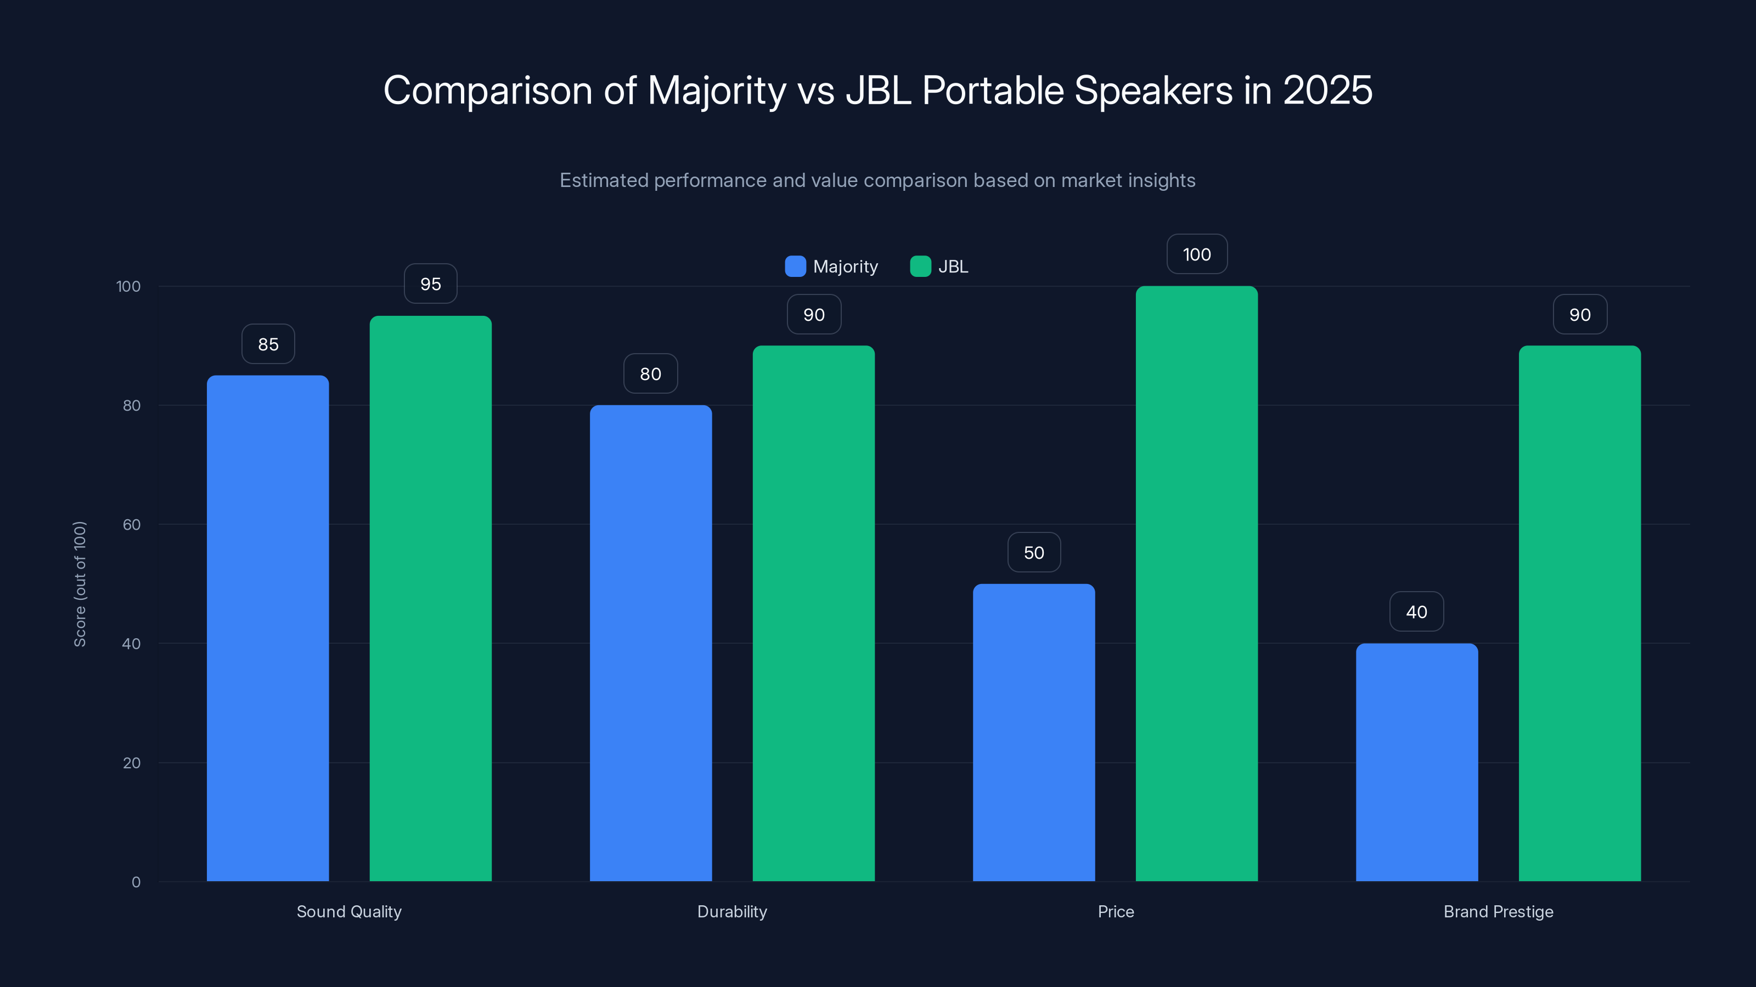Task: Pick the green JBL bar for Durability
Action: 813,613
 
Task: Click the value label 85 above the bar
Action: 268,344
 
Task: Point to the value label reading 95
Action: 430,284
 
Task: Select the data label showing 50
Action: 1033,552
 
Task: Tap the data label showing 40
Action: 1416,612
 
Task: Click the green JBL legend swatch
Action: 920,266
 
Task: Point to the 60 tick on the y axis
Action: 132,525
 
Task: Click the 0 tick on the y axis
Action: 136,882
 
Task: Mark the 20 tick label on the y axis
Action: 132,763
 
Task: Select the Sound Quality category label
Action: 349,911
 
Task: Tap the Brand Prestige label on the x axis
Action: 1498,911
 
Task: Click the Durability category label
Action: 731,911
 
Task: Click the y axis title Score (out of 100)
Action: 80,584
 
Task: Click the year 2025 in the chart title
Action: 1327,90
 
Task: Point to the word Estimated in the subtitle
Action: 603,180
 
